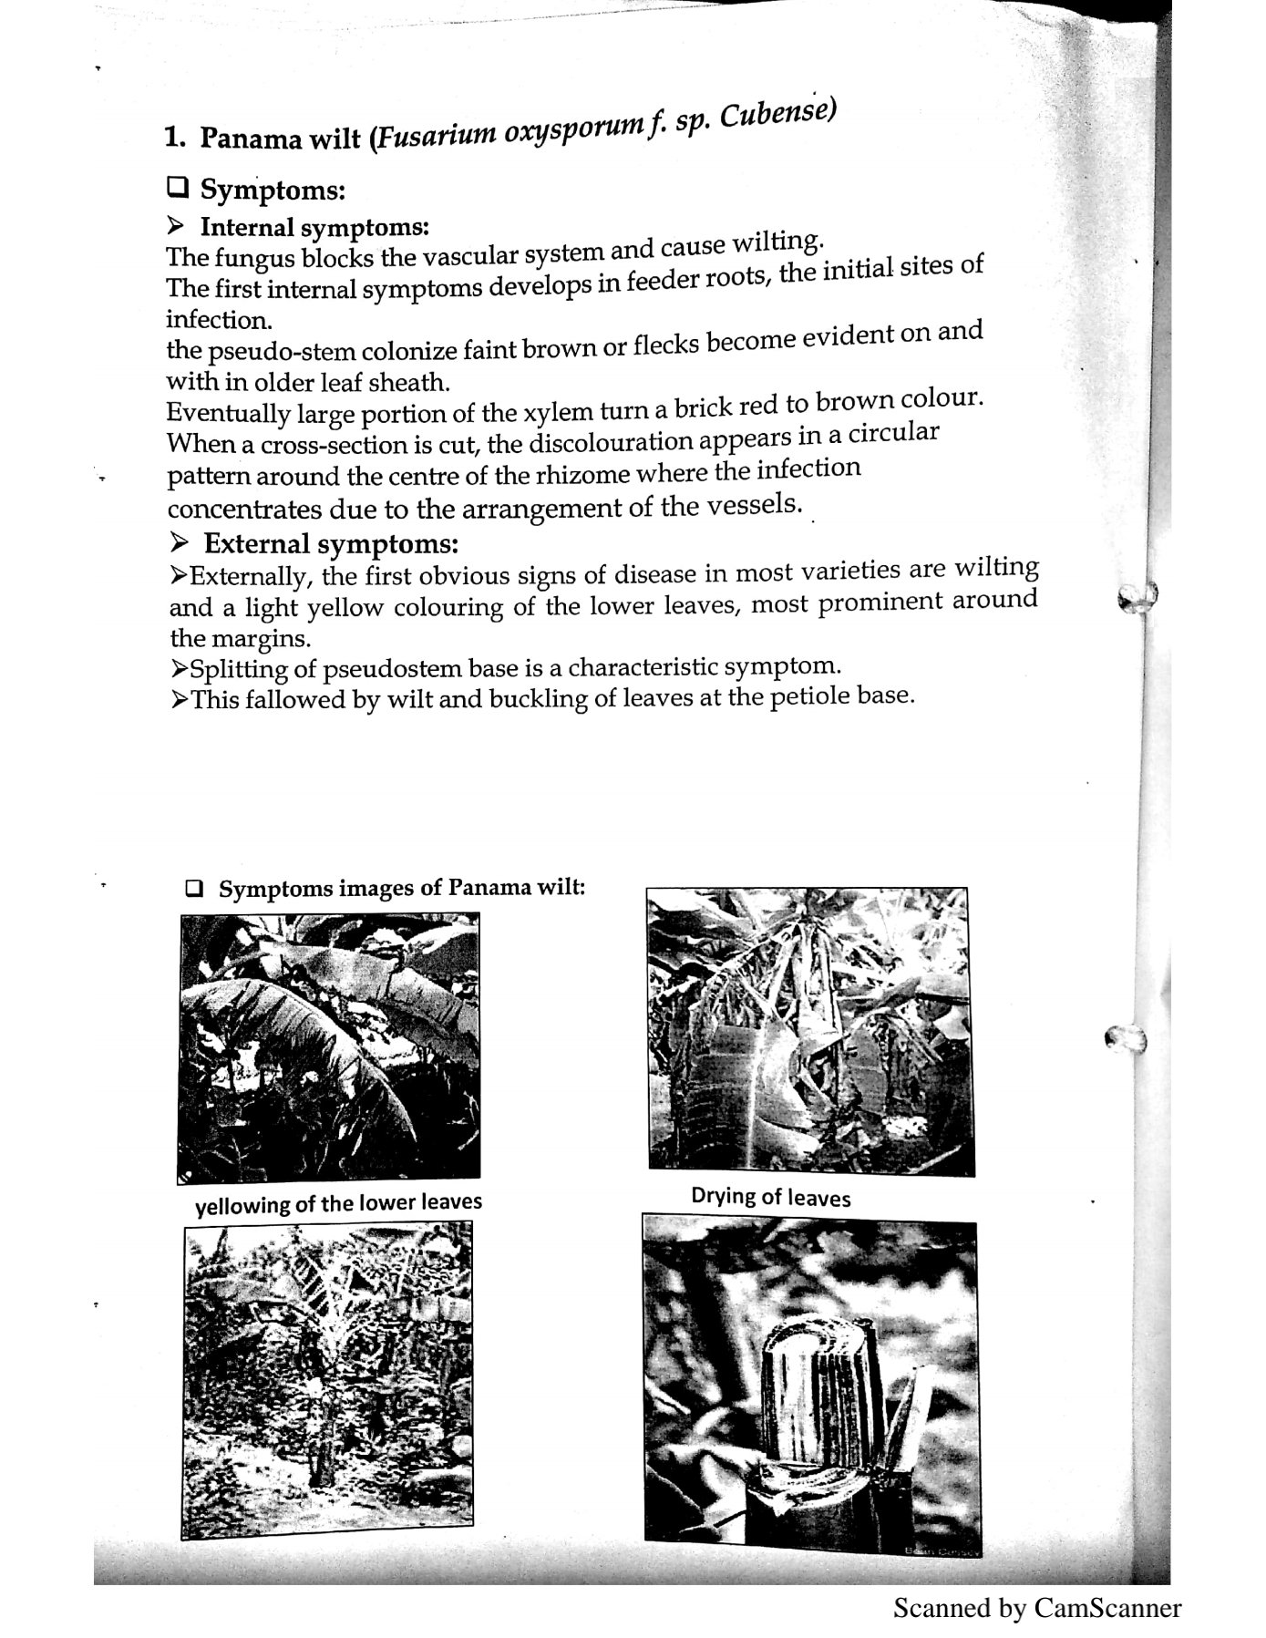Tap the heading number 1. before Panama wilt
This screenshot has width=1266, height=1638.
(175, 138)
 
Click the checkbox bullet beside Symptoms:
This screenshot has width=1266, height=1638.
(177, 188)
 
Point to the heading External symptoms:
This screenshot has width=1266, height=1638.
(330, 544)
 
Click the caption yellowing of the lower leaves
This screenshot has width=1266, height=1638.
(338, 1203)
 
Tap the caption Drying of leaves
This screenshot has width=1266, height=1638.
(770, 1196)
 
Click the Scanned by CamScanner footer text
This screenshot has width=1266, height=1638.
(1036, 1607)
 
